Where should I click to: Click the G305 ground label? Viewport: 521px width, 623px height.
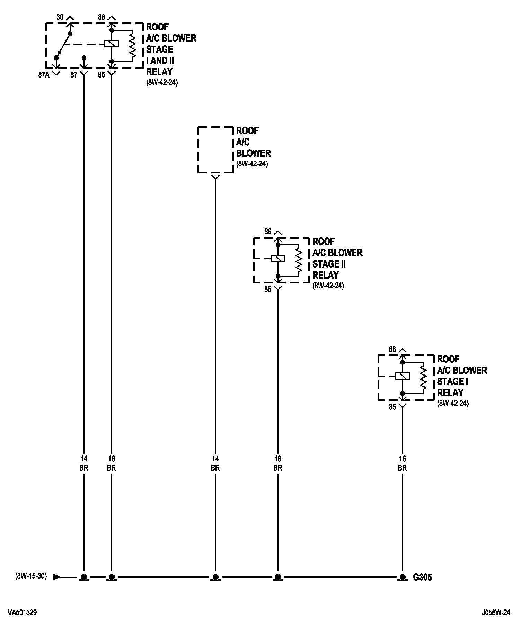click(422, 577)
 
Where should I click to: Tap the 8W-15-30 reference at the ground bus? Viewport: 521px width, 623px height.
click(31, 577)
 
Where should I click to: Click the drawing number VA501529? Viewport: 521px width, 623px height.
click(22, 613)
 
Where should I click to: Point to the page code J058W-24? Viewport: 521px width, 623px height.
click(496, 613)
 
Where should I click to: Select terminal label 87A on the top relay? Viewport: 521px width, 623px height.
click(44, 75)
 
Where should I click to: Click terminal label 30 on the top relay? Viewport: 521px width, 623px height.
click(60, 16)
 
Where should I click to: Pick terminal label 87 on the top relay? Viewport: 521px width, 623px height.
click(74, 75)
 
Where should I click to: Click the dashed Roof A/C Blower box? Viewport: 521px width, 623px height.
click(215, 150)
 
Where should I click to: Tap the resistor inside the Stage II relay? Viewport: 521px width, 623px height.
click(298, 260)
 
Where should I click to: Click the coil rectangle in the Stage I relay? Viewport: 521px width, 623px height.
click(403, 376)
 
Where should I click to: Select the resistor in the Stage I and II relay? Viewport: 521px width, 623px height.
click(132, 44)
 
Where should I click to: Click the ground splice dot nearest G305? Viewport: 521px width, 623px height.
click(402, 577)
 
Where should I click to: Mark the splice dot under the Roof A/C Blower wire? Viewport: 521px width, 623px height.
click(215, 577)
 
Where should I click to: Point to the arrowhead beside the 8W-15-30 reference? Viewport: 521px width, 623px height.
click(57, 577)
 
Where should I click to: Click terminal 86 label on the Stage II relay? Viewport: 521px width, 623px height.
click(268, 232)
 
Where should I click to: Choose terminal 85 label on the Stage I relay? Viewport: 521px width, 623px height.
click(392, 407)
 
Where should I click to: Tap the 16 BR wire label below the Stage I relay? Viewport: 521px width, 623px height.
click(402, 463)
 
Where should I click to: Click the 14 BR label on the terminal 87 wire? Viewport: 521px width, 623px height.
click(84, 463)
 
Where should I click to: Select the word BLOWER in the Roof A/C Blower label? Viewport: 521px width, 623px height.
click(254, 153)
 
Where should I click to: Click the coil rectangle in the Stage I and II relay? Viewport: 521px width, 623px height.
click(112, 44)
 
